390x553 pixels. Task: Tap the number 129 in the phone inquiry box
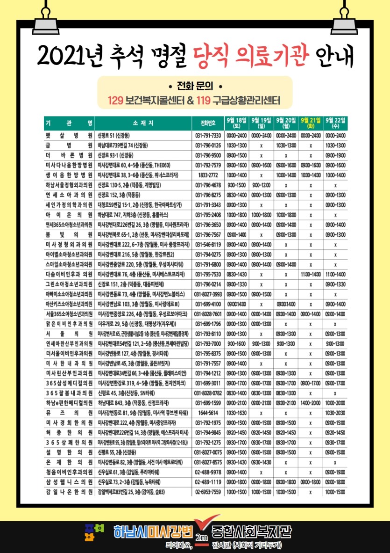115,100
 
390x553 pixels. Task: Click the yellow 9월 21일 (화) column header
310,123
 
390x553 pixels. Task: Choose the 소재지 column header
143,123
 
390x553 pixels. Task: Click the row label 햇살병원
69,136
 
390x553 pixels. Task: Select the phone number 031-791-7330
208,136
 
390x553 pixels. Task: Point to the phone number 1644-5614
208,413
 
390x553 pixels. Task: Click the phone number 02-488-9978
208,472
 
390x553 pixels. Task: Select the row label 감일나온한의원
69,492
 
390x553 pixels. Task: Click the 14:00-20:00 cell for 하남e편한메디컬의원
310,403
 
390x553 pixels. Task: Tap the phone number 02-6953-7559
208,492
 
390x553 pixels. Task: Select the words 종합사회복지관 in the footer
251,531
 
